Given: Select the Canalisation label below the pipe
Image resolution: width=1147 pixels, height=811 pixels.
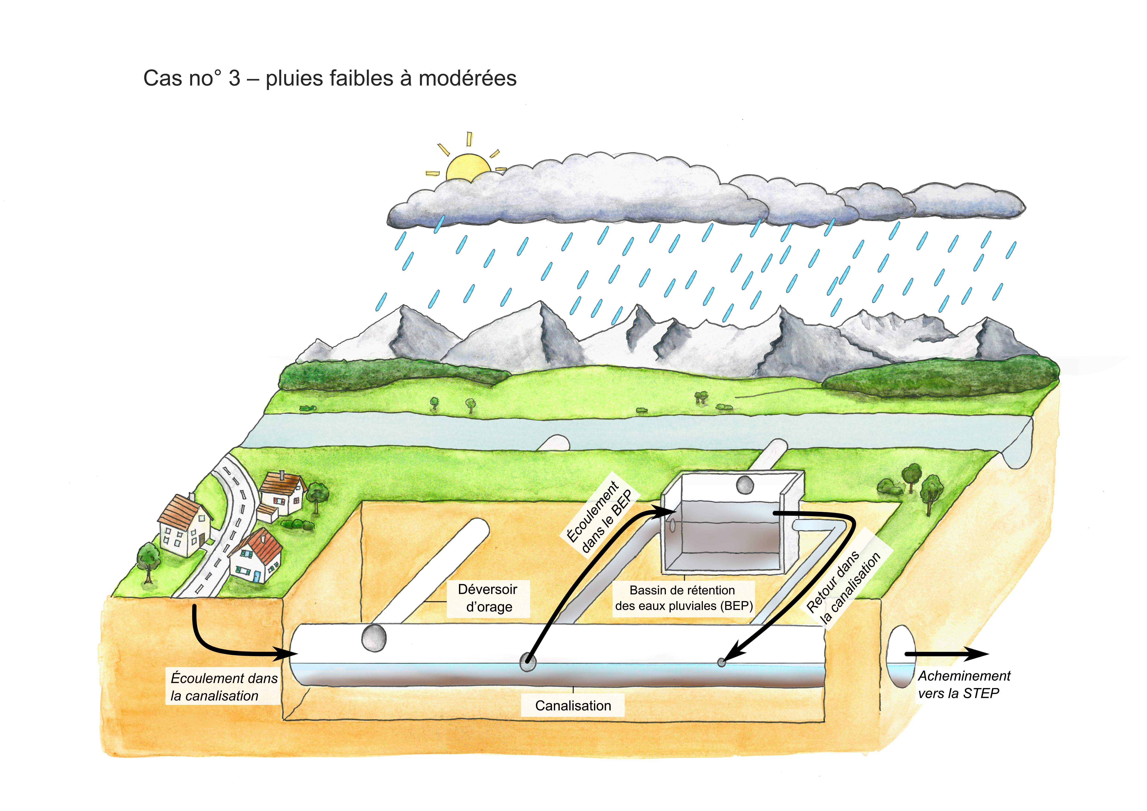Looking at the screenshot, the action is pos(573,706).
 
